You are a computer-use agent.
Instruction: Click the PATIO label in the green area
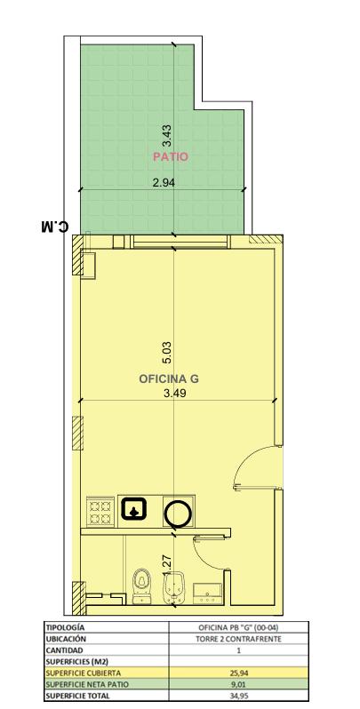(x=170, y=157)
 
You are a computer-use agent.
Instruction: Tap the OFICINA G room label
(x=169, y=378)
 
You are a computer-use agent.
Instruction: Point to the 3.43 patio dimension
(x=167, y=136)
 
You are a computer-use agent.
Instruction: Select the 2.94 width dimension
(x=164, y=183)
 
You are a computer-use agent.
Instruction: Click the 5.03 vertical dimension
(x=167, y=353)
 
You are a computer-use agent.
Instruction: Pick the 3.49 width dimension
(x=175, y=394)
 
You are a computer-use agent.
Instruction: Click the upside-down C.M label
(x=55, y=225)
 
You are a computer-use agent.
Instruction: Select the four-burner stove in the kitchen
(x=100, y=511)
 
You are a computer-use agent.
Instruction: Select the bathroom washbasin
(x=208, y=593)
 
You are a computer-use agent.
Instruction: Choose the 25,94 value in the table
(x=238, y=673)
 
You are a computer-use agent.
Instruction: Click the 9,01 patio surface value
(x=238, y=684)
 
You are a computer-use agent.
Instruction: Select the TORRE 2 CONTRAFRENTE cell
(x=238, y=639)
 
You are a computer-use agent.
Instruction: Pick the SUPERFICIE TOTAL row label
(x=77, y=696)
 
